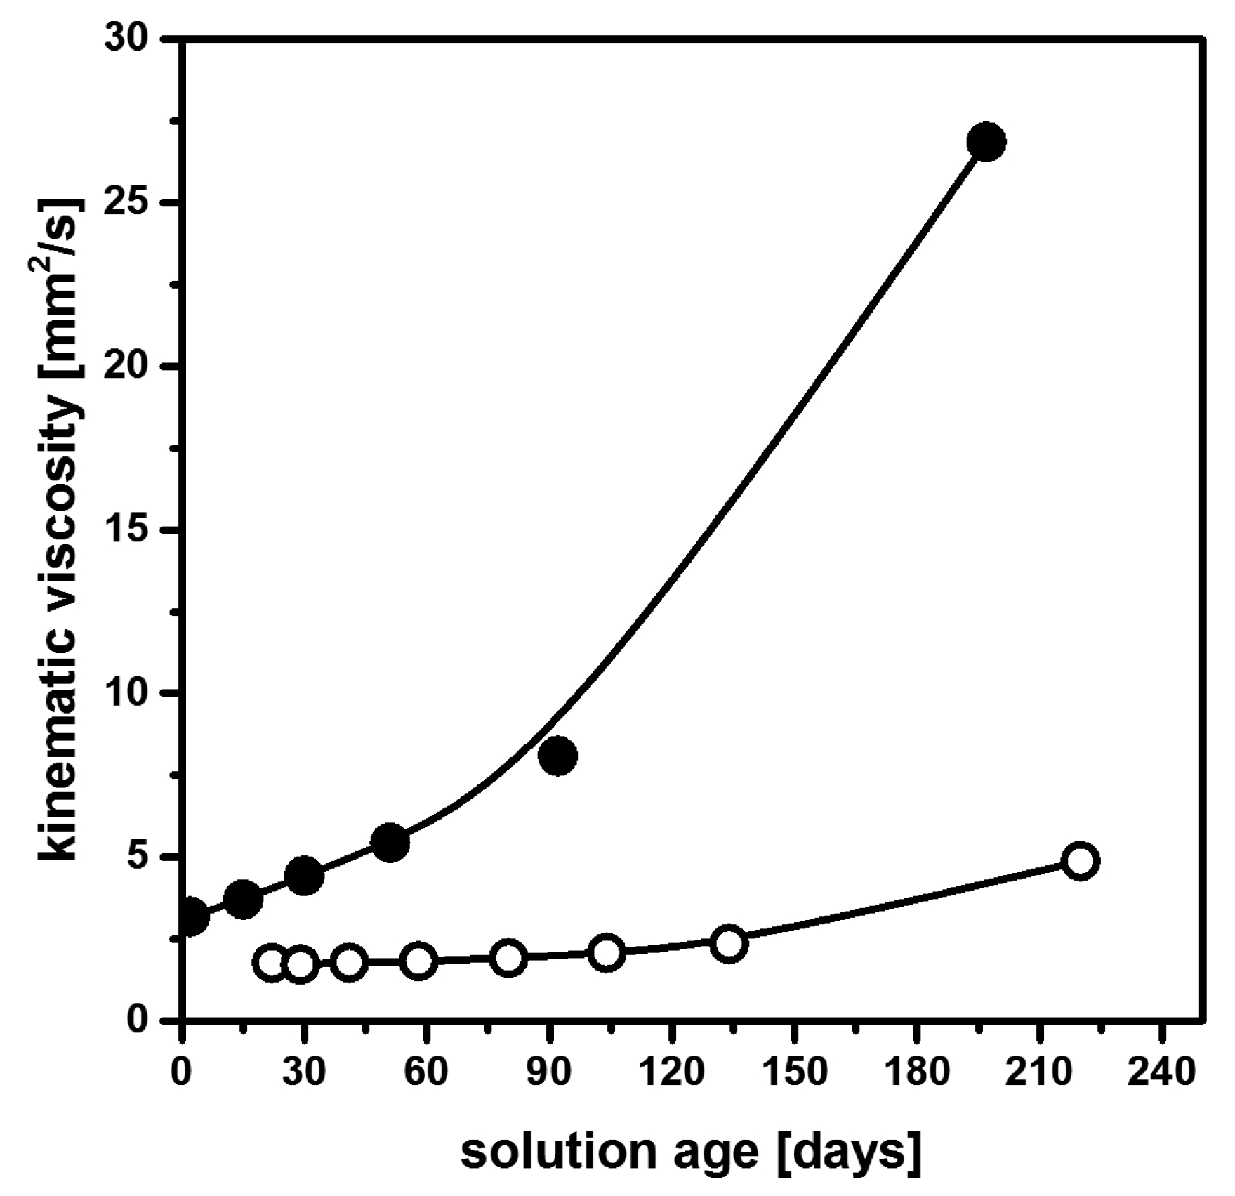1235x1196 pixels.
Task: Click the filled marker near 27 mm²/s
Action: click(986, 142)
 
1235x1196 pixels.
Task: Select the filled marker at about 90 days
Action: click(558, 756)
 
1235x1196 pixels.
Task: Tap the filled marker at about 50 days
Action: click(391, 842)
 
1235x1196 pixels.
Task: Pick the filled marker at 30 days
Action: click(304, 876)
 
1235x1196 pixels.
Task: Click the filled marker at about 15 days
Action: click(243, 899)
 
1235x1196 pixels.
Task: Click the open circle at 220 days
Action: click(1081, 861)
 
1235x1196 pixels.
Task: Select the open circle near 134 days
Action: click(729, 944)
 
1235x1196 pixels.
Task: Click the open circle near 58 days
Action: click(418, 961)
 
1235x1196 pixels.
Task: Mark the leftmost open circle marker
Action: click(272, 964)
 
